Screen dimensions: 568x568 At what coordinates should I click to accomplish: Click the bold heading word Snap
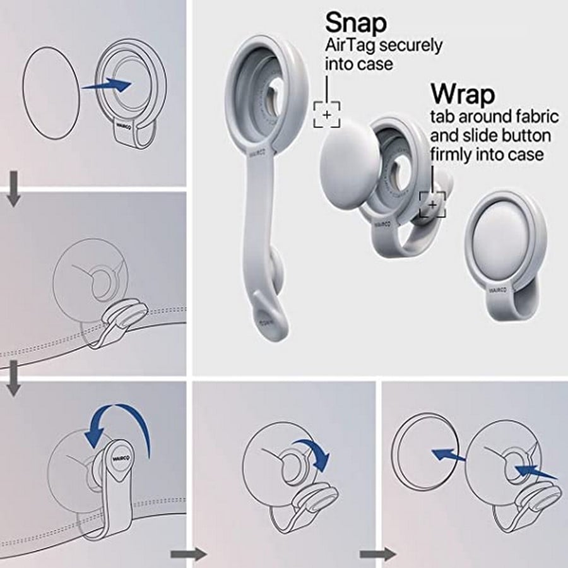356,23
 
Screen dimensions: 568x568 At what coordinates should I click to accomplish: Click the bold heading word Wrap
463,94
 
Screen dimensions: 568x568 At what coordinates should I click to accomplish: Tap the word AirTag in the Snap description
349,45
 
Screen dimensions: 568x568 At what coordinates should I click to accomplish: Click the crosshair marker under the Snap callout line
327,114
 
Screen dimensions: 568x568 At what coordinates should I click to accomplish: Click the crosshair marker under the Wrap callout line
432,204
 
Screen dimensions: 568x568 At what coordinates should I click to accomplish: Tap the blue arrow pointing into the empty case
106,85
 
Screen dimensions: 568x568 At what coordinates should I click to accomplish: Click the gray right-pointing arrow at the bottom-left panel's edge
188,554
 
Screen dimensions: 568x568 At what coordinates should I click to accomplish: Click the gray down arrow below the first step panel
14,189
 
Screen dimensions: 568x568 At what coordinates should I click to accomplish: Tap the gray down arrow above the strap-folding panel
14,378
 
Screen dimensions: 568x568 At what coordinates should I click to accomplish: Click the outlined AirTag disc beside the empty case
50,92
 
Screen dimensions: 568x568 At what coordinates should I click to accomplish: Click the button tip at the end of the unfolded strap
270,314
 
